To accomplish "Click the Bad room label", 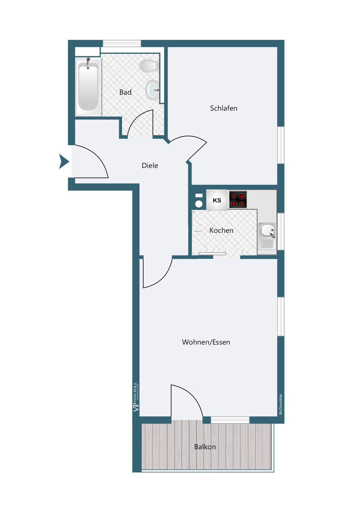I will [125, 92].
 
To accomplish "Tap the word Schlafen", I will [223, 108].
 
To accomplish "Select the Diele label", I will [150, 166].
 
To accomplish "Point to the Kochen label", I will [221, 230].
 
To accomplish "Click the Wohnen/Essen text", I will [206, 342].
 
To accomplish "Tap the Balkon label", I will [205, 447].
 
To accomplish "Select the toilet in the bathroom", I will [149, 66].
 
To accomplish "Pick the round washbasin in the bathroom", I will [152, 90].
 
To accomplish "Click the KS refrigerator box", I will [217, 200].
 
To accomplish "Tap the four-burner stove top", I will [238, 200].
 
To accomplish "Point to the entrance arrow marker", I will [64, 162].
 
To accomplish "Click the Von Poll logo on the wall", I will [136, 397].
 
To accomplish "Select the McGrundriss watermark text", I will [281, 404].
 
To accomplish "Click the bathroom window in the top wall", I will [122, 43].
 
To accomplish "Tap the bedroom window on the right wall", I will [281, 145].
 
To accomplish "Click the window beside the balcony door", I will [230, 420].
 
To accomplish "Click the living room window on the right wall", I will [281, 317].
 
